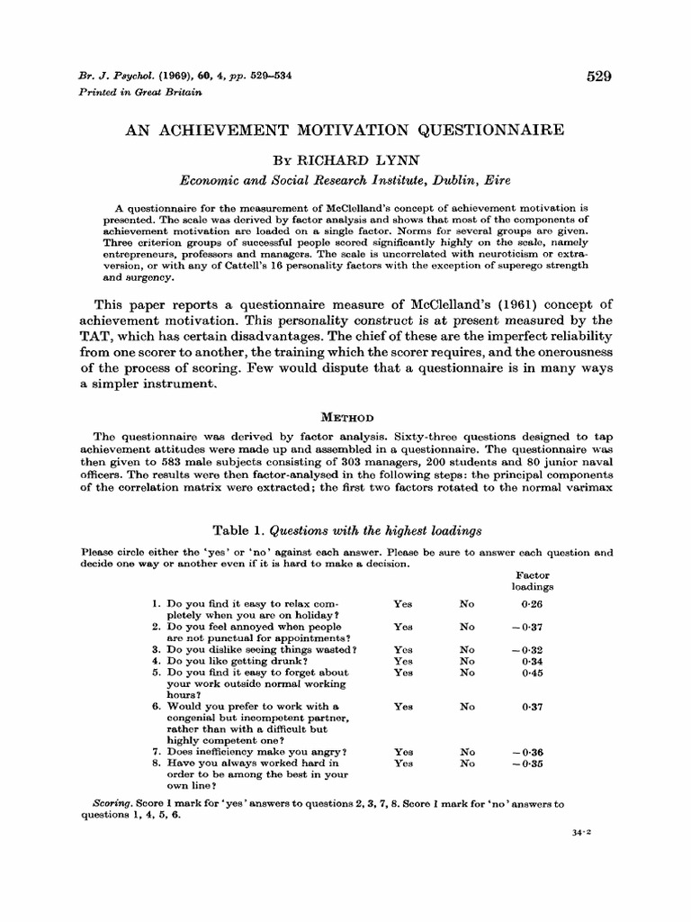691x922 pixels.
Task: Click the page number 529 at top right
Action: click(x=598, y=77)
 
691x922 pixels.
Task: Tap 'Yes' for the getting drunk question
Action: click(x=403, y=660)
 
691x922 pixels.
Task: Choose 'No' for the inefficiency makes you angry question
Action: click(x=467, y=751)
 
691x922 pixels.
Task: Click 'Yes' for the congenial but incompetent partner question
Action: click(x=403, y=707)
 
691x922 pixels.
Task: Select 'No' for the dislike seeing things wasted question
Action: click(x=467, y=649)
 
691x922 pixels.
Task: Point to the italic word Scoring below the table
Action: click(x=112, y=800)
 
